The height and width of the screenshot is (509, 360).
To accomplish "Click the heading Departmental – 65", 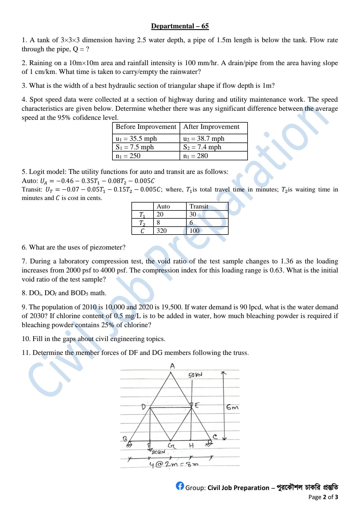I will click(x=180, y=26).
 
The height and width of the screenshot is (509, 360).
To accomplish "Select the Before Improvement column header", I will click(x=146, y=127).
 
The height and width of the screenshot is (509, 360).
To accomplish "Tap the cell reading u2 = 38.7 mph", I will click(x=204, y=139).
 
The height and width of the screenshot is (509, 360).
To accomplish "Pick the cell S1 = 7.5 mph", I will click(x=135, y=147).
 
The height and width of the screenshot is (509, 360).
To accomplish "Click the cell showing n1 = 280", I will click(x=195, y=156).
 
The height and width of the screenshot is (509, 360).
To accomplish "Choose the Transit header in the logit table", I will click(x=199, y=206).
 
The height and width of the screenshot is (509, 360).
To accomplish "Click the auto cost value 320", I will click(x=162, y=231).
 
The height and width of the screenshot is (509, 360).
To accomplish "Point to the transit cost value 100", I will click(x=195, y=231).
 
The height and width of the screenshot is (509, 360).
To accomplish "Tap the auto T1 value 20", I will click(x=160, y=214).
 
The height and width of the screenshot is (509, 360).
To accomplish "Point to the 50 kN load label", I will click(x=195, y=375).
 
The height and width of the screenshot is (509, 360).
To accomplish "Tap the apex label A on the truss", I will click(x=172, y=366).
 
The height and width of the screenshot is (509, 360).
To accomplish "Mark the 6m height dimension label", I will click(x=232, y=408).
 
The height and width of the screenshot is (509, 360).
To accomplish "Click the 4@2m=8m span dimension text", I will click(x=174, y=465).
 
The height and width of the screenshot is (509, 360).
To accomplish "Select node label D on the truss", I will click(x=144, y=407).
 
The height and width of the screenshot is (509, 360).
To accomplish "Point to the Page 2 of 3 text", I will click(x=323, y=497).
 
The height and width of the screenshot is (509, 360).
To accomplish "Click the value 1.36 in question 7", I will click(x=287, y=261).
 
